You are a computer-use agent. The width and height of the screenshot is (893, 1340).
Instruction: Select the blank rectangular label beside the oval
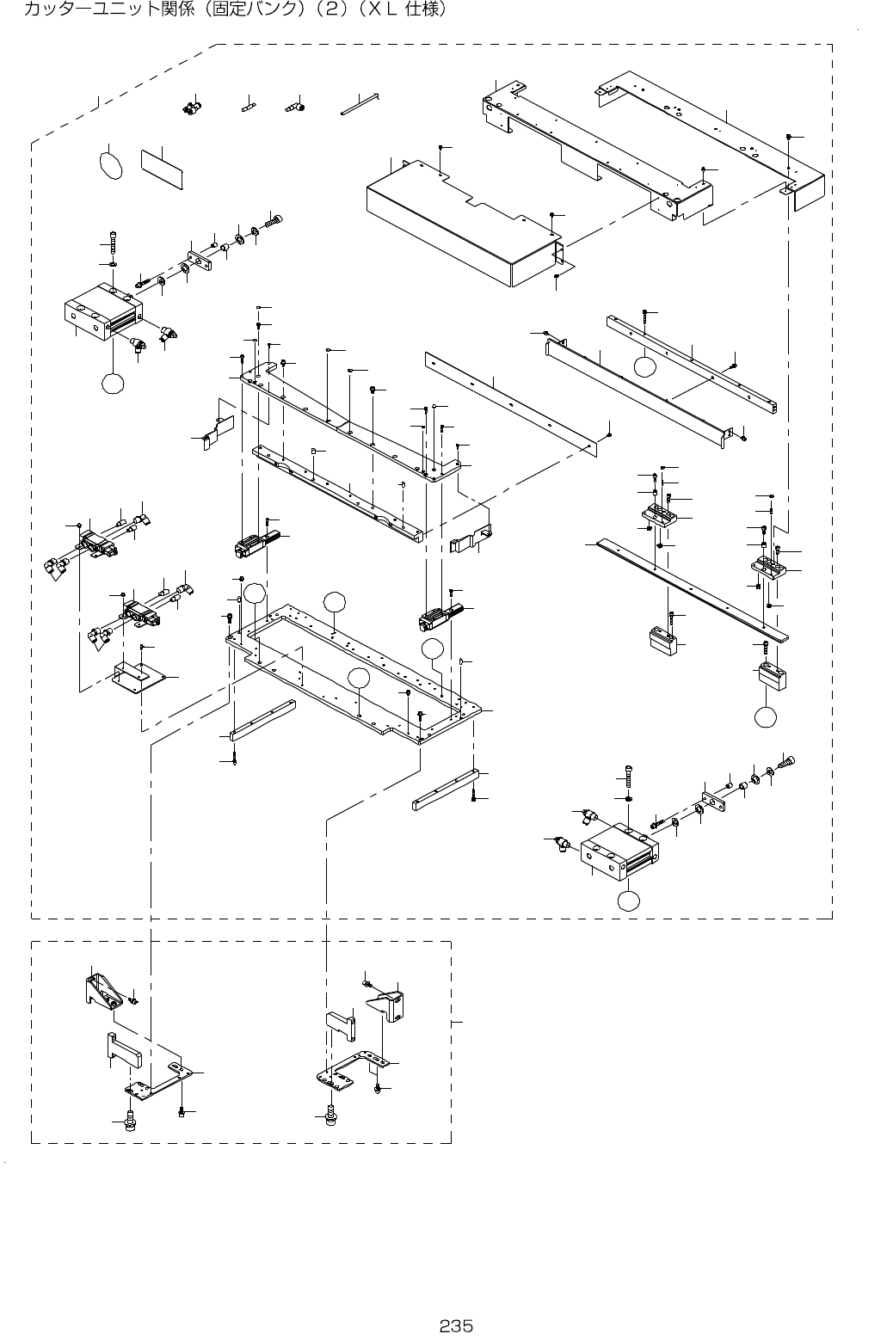click(163, 169)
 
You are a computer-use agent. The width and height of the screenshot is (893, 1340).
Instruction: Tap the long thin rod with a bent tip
click(360, 105)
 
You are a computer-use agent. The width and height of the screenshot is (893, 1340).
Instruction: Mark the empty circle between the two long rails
click(645, 366)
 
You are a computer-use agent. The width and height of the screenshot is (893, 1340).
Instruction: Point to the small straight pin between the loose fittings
click(249, 108)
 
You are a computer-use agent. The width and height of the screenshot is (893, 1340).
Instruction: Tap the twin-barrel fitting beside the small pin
click(190, 108)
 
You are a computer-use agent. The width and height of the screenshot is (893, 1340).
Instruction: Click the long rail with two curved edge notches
click(336, 495)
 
